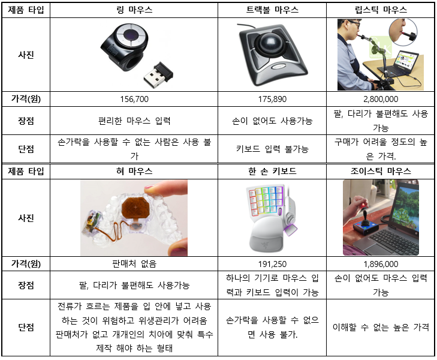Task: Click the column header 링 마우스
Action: (x=134, y=10)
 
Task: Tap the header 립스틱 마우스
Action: (x=381, y=10)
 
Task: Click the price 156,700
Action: (x=134, y=99)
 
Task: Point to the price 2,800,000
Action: (x=381, y=99)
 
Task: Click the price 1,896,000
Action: (x=381, y=263)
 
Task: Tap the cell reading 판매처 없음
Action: (x=134, y=263)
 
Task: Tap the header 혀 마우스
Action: (x=134, y=171)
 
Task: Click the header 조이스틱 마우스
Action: (x=381, y=171)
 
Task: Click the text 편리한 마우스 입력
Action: (x=134, y=121)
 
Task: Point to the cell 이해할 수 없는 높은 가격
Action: (x=381, y=327)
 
